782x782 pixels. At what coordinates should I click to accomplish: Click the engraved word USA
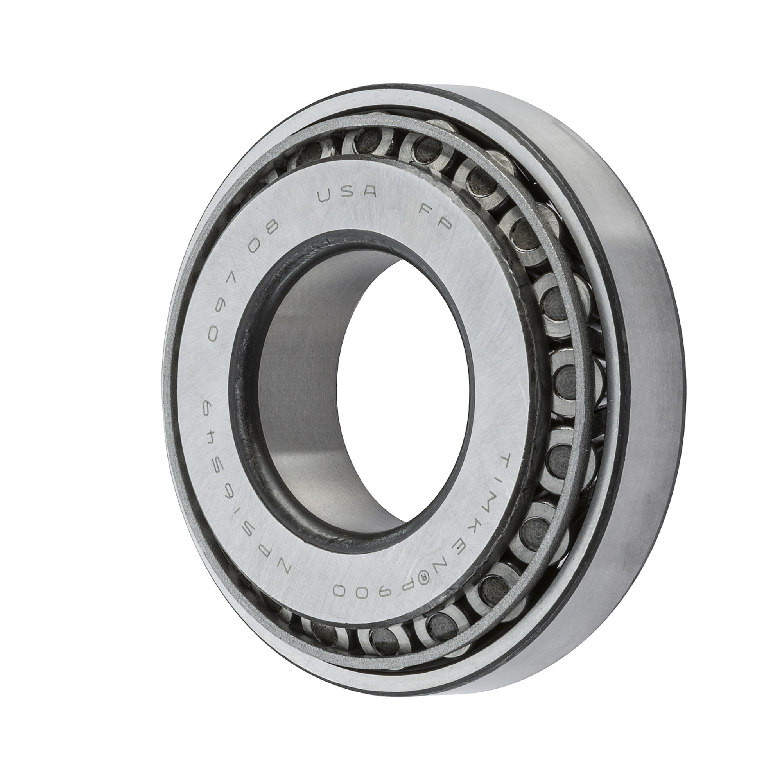[x=348, y=196]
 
